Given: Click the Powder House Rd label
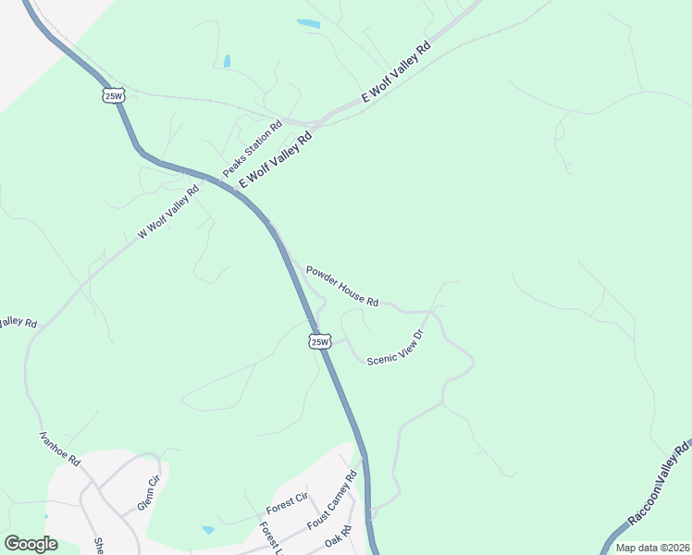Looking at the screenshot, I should pos(342,285).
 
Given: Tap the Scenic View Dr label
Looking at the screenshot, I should pos(395,348).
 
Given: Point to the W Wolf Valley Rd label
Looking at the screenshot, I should pos(168,213).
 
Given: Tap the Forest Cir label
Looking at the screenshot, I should pos(287,504).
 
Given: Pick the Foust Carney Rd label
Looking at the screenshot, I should pos(331,501).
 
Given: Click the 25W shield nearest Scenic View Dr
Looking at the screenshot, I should pos(319,341).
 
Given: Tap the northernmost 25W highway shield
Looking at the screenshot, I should pos(113,95).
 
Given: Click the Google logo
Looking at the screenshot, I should pos(31,544).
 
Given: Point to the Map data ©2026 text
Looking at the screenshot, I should pos(651,547).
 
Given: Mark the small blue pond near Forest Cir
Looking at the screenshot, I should pos(208,530).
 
